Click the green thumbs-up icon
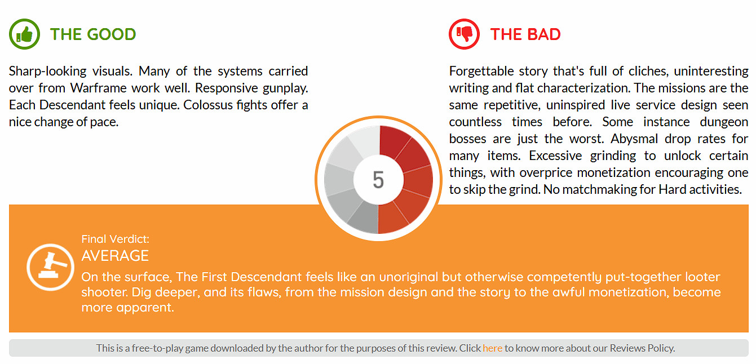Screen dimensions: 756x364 click(24, 34)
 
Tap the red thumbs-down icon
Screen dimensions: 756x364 click(464, 34)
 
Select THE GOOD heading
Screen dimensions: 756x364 click(93, 34)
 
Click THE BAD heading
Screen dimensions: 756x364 click(525, 34)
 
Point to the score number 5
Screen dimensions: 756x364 click(378, 180)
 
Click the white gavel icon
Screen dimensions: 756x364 click(50, 267)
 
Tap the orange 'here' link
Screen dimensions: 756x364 click(492, 348)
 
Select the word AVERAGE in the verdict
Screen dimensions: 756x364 click(115, 256)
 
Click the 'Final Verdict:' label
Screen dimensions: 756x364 click(116, 239)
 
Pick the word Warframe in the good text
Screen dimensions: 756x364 click(98, 88)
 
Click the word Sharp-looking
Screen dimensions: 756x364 click(47, 72)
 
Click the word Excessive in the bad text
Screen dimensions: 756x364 click(555, 156)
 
